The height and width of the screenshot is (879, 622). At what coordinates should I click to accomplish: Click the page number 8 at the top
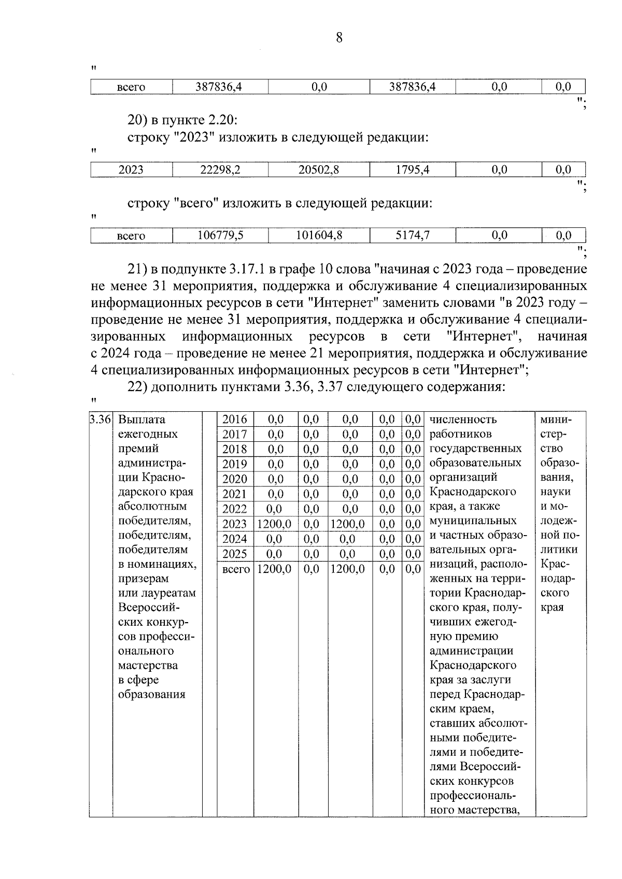coord(339,38)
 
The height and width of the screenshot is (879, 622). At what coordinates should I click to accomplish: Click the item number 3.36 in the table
coord(101,420)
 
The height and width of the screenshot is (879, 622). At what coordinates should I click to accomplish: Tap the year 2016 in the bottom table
coord(234,420)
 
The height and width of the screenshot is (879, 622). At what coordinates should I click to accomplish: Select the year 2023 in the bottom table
coord(234,524)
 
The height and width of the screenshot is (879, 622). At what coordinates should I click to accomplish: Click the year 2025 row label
coord(234,554)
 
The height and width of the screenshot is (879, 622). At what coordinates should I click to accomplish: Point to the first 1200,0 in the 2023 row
coord(275,524)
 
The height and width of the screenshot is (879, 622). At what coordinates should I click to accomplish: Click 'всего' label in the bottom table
coord(235,569)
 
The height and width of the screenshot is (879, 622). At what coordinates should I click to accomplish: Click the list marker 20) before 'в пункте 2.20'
coord(138,121)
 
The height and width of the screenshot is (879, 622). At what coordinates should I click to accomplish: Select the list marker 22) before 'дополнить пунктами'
coord(138,387)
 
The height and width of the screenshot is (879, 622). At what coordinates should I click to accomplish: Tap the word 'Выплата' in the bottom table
coord(142,420)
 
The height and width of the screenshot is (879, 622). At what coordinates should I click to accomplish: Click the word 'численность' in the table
coord(463,420)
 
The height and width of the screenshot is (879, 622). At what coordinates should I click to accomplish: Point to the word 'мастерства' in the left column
coord(148,666)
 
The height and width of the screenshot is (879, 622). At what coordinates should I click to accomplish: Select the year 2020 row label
coord(234,479)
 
